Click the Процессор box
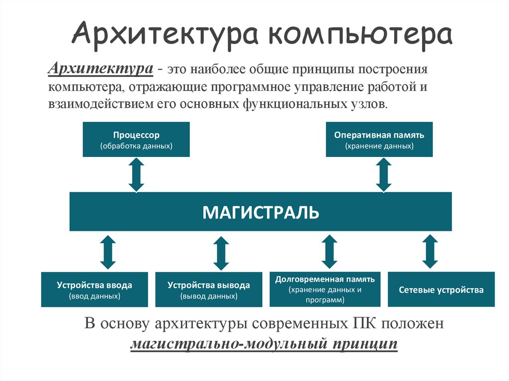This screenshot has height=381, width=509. pyautogui.click(x=136, y=140)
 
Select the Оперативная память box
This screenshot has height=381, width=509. pyautogui.click(x=379, y=140)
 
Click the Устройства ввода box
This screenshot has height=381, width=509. pyautogui.click(x=94, y=290)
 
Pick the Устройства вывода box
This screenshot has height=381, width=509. pyautogui.click(x=209, y=290)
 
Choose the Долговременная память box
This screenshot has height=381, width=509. pyautogui.click(x=325, y=289)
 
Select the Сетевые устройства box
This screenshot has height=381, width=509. pyautogui.click(x=441, y=290)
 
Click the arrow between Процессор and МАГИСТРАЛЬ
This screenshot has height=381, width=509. pyautogui.click(x=136, y=175)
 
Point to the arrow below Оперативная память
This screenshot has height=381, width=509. pyautogui.click(x=384, y=175)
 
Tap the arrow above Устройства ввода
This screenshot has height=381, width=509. pyautogui.click(x=107, y=252)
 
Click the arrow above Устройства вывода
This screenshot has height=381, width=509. pyautogui.click(x=221, y=252)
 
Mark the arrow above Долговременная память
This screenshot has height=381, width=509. pyautogui.click(x=329, y=252)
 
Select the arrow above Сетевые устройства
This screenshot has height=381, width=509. pyautogui.click(x=430, y=252)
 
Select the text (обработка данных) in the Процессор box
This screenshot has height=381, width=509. pyautogui.click(x=136, y=146)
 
